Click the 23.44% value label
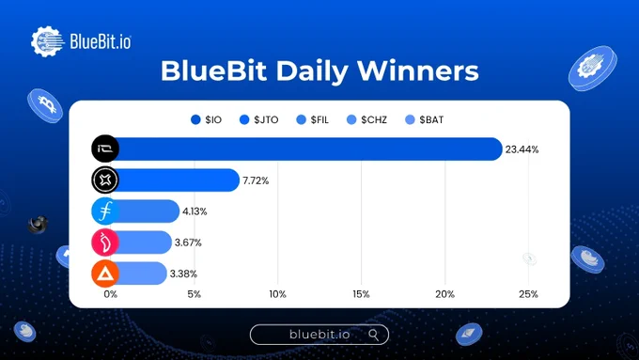[x=522, y=149]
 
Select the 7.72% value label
[x=256, y=180]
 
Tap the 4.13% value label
[x=195, y=211]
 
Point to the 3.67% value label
[x=188, y=243]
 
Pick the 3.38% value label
[x=183, y=274]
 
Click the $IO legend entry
[x=206, y=120]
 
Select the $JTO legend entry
[x=258, y=120]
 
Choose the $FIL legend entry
[x=312, y=120]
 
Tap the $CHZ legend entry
[x=366, y=120]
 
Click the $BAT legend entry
[x=424, y=120]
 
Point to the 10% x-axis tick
[x=277, y=294]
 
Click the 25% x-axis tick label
[x=528, y=294]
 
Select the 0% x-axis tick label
[x=111, y=294]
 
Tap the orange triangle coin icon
[x=105, y=274]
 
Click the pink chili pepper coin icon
[x=105, y=243]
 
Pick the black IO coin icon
[x=105, y=149]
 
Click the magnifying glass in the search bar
[x=374, y=336]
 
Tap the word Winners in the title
[x=418, y=70]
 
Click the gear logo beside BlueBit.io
[x=48, y=41]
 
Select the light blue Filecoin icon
[x=105, y=211]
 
